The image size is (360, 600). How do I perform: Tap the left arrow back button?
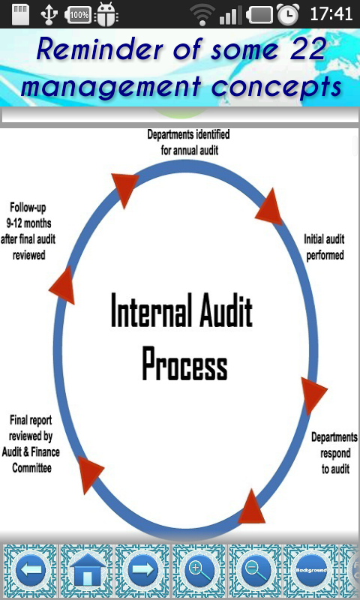click(x=31, y=570)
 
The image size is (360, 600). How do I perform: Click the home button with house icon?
click(x=87, y=570)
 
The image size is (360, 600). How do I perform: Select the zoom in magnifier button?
click(x=199, y=570)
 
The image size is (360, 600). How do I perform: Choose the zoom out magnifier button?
click(x=256, y=570)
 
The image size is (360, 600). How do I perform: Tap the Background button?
click(x=311, y=570)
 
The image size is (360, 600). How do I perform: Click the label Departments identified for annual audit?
click(x=188, y=142)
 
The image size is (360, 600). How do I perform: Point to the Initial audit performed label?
click(x=325, y=247)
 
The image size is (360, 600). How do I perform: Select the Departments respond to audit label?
click(x=334, y=453)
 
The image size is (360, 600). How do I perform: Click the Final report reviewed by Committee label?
click(x=31, y=444)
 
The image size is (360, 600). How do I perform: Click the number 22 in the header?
click(x=307, y=50)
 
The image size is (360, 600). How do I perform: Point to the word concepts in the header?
click(x=276, y=87)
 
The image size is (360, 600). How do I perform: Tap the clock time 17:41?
click(x=331, y=14)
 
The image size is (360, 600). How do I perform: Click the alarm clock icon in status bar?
click(x=288, y=14)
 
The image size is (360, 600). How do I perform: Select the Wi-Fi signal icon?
click(x=202, y=14)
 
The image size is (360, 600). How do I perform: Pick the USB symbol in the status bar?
click(x=49, y=14)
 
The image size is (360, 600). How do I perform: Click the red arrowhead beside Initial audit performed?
click(x=269, y=208)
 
